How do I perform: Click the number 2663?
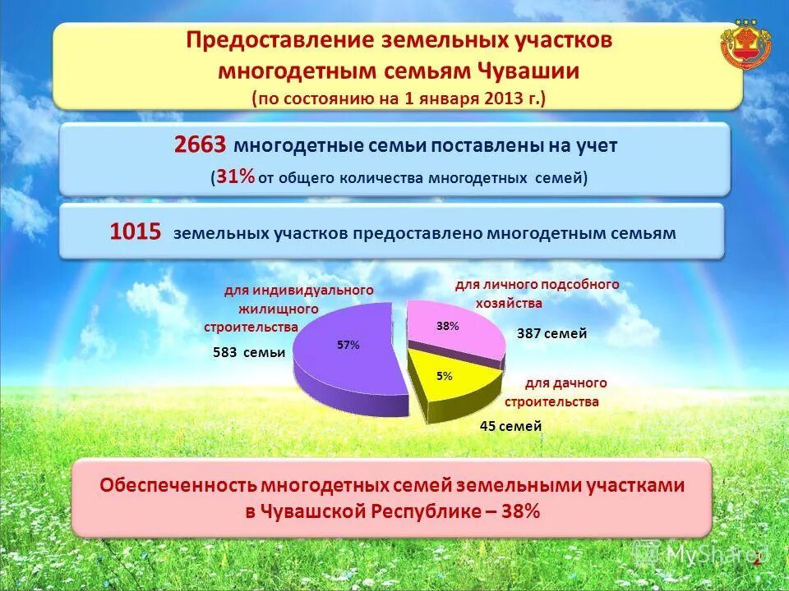click(200, 145)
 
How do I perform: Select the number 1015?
click(136, 232)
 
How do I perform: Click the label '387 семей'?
click(551, 333)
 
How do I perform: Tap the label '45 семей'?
click(510, 426)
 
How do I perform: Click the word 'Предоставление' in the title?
click(279, 41)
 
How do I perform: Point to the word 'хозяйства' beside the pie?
click(510, 302)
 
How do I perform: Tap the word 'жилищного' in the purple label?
click(279, 309)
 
